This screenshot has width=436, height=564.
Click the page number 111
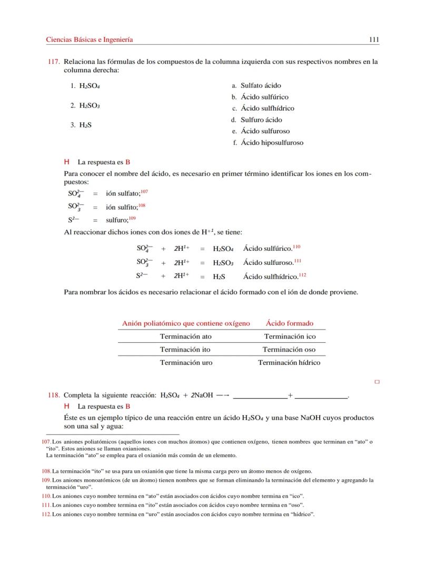(x=374, y=39)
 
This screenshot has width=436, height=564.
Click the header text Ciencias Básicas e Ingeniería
(x=90, y=39)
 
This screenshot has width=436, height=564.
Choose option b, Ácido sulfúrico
(x=264, y=97)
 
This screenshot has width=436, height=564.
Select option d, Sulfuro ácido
(x=261, y=120)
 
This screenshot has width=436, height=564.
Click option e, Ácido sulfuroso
(x=265, y=131)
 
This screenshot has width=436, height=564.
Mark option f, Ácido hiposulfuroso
(x=272, y=143)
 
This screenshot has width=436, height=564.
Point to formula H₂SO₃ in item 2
(x=90, y=105)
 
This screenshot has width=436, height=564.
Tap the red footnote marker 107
(x=144, y=192)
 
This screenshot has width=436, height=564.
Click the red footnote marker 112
(x=303, y=274)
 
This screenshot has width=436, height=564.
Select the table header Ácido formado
(x=289, y=323)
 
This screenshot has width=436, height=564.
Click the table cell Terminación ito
(x=185, y=349)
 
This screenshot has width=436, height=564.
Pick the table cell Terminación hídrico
(x=289, y=362)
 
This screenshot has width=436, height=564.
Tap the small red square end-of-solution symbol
(x=377, y=382)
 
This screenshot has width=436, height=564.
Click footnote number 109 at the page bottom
(x=46, y=480)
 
